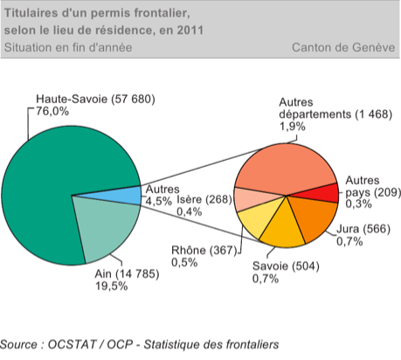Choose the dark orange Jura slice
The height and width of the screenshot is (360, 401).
coord(315,217)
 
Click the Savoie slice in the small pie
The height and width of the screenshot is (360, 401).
coord(283,230)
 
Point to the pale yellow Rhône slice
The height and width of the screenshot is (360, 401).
coord(256,220)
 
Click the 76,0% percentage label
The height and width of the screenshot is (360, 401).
coord(52,111)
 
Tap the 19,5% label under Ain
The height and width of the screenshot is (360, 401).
coord(111,287)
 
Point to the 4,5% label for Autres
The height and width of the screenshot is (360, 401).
coord(158,201)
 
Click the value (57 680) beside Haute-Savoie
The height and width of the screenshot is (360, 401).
coord(133,100)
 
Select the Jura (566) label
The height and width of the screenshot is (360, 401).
coord(363,229)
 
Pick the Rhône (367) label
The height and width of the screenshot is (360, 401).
coord(204,250)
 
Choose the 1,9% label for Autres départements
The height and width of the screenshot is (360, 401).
coord(293,127)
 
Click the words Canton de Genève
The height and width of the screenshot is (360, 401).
coord(343,47)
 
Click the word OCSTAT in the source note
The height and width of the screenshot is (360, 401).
coord(72,344)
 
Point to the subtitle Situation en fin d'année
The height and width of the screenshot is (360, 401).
coord(68,47)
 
